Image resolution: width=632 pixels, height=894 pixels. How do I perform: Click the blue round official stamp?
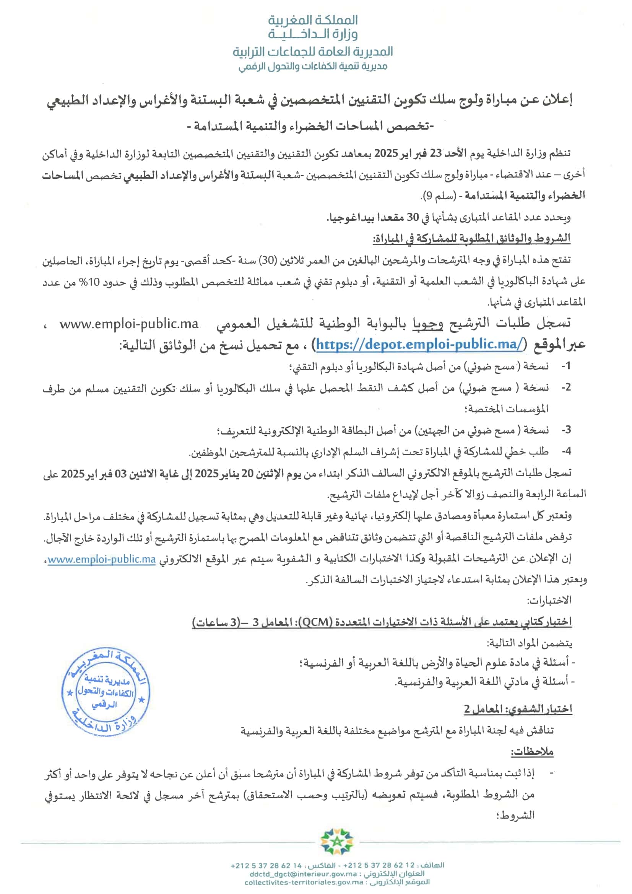point(106,692)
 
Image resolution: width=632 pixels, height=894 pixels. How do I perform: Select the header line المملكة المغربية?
point(313,20)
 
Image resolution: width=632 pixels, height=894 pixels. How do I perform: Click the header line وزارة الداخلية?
point(313,34)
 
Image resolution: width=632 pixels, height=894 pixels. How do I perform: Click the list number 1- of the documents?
point(566,366)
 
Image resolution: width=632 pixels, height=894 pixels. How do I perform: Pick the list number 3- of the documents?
point(566,430)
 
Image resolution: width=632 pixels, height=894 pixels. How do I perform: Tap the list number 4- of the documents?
point(566,451)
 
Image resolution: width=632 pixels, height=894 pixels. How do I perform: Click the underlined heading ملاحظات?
point(532,751)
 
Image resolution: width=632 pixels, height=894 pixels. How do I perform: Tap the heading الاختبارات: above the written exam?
point(549,601)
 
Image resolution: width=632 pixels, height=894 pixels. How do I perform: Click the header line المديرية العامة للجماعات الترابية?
point(313,51)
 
